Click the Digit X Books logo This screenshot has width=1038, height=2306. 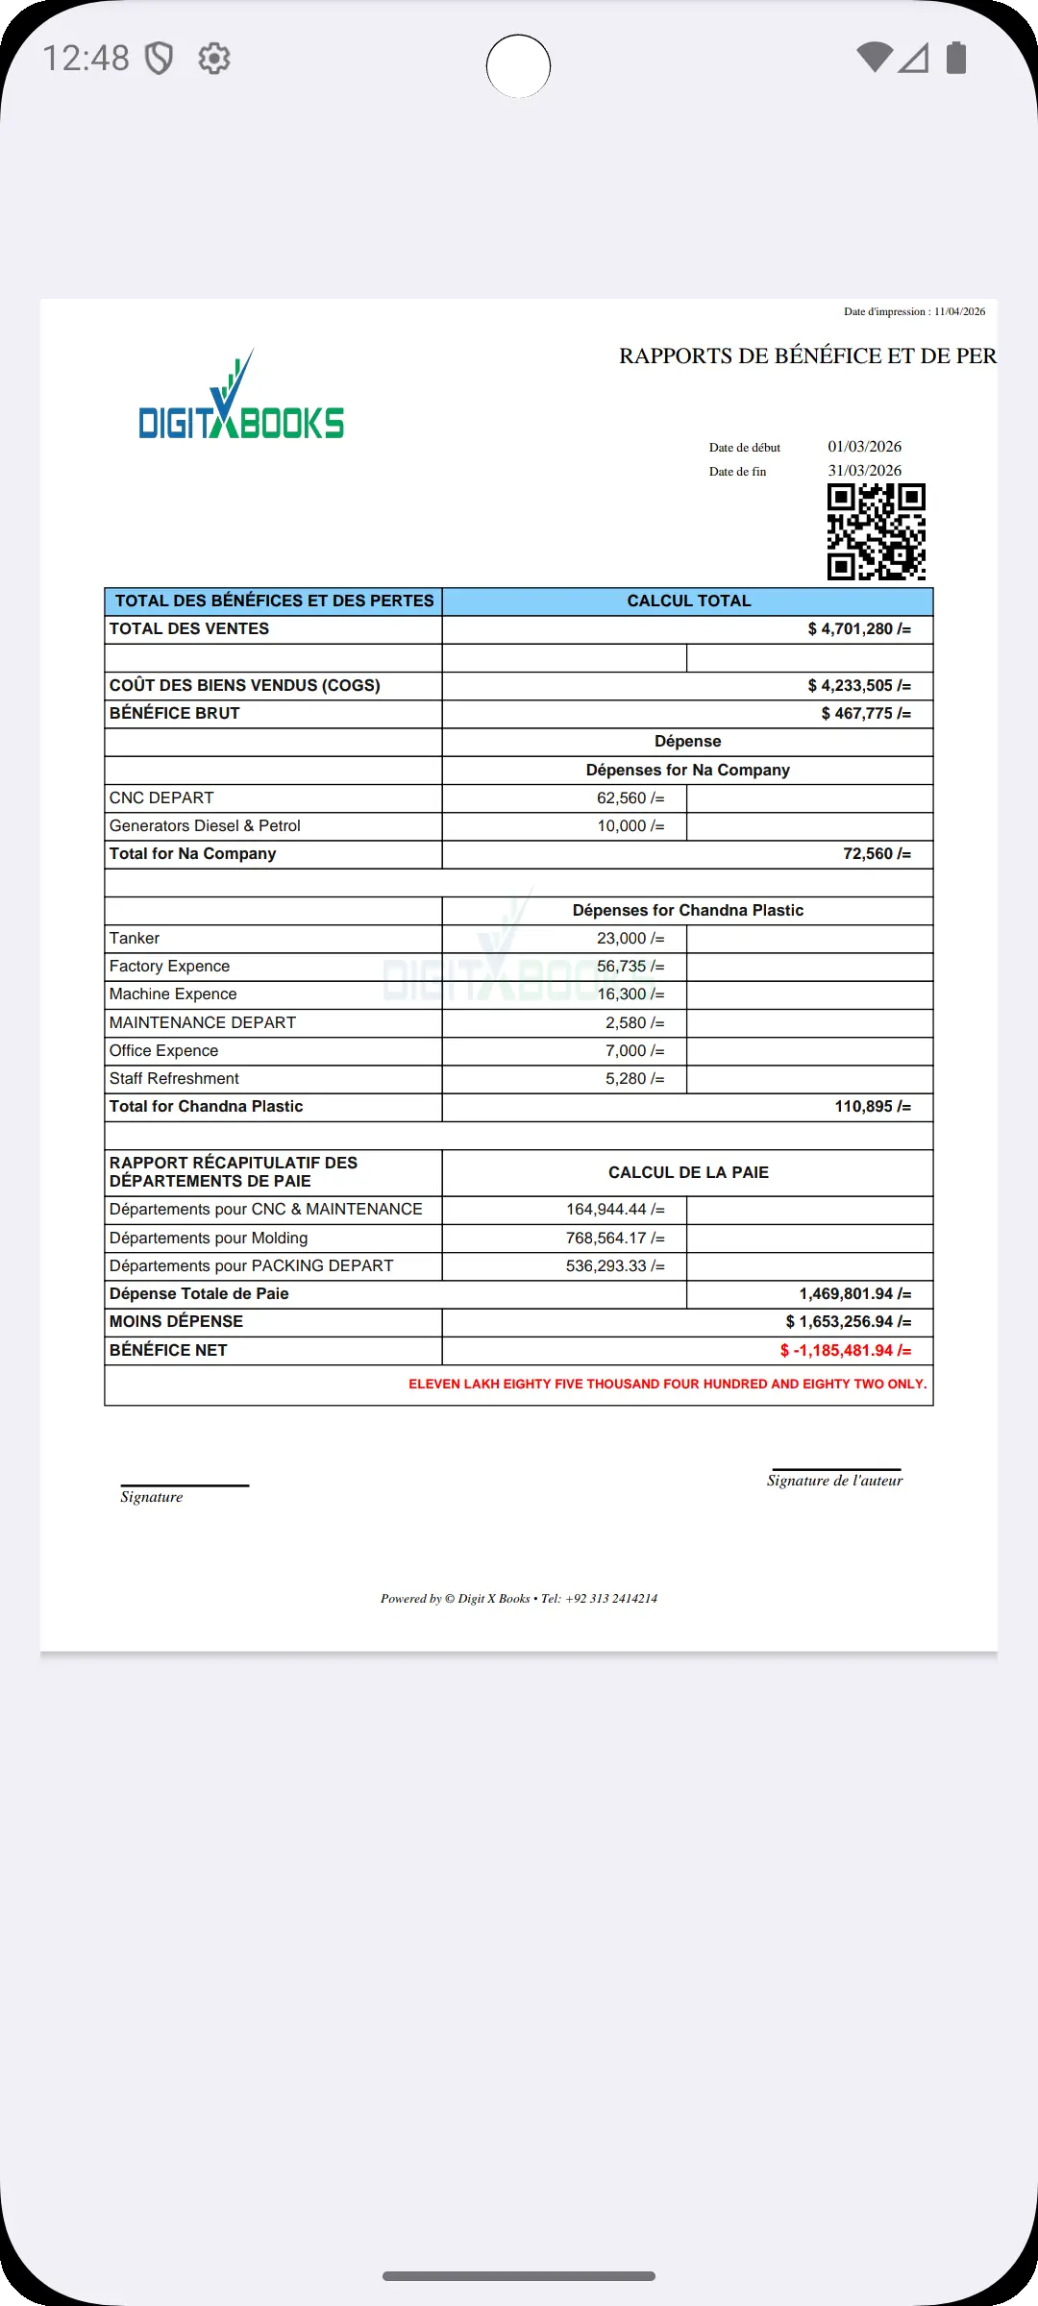(x=241, y=399)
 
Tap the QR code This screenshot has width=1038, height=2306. (x=876, y=531)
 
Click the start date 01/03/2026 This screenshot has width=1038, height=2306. (x=864, y=447)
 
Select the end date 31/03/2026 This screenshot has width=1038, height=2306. (x=864, y=471)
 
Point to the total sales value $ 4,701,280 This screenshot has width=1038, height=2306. (x=858, y=629)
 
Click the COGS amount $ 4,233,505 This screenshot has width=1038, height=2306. (x=858, y=686)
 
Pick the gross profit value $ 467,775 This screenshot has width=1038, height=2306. (x=865, y=714)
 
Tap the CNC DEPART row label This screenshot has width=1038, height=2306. (x=161, y=798)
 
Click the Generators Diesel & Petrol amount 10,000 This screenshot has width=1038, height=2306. (x=630, y=826)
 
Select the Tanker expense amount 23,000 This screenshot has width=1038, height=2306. (x=630, y=939)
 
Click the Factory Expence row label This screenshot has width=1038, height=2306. (x=169, y=967)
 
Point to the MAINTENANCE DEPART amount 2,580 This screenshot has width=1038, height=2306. (x=634, y=1023)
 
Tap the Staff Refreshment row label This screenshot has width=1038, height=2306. (x=174, y=1079)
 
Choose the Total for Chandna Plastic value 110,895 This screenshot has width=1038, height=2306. (x=872, y=1107)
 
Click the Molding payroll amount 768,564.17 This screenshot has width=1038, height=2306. (x=615, y=1239)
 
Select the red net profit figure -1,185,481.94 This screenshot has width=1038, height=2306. (x=846, y=1351)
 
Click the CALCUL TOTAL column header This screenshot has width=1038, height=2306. (x=688, y=601)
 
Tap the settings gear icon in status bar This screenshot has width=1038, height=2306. (x=214, y=59)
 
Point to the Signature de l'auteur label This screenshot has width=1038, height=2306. (x=834, y=1481)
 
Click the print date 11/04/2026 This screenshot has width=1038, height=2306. (x=959, y=311)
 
